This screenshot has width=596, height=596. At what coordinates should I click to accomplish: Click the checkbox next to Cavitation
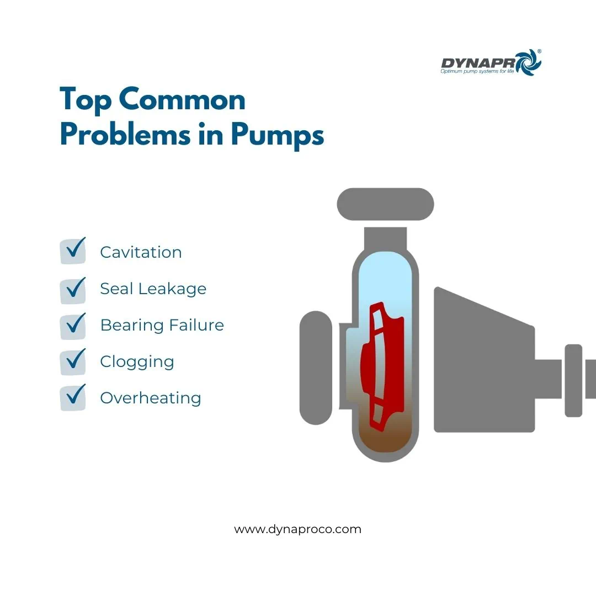tap(73, 251)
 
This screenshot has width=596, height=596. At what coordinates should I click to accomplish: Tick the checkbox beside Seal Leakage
tap(73, 291)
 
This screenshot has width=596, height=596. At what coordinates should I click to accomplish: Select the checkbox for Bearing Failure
tap(73, 327)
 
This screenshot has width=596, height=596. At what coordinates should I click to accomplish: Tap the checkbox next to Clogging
tap(73, 362)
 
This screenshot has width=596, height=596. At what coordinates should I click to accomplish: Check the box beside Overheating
tap(73, 398)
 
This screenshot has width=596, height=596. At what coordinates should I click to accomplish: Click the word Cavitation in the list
tap(141, 252)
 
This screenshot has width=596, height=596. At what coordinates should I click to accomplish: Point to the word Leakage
tap(172, 289)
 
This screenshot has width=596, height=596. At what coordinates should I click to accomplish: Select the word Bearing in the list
tap(132, 326)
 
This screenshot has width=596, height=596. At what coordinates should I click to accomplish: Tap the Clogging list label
tap(137, 362)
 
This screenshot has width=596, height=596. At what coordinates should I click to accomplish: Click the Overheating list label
tap(151, 398)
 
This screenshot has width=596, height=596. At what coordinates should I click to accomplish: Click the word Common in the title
tap(182, 100)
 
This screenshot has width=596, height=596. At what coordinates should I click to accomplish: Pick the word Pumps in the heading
tap(278, 136)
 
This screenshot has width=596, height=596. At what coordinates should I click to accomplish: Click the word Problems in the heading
tap(125, 134)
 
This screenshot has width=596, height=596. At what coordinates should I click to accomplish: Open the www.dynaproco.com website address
tap(297, 529)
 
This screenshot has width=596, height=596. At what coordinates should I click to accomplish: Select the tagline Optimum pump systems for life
tap(477, 71)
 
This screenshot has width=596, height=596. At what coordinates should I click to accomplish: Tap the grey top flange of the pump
tap(385, 204)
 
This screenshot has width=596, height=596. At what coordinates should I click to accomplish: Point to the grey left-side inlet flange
tap(316, 368)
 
